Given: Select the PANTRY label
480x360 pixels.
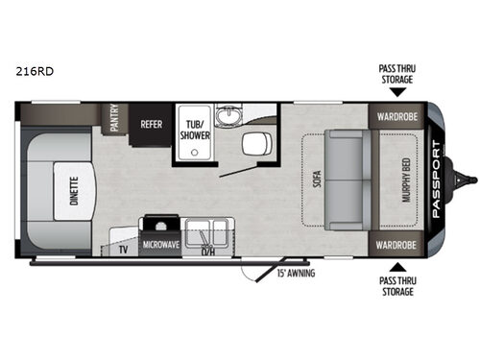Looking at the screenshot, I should (x=114, y=119).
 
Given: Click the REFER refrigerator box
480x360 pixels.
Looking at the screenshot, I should (x=151, y=124).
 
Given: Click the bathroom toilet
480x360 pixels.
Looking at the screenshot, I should (x=253, y=145).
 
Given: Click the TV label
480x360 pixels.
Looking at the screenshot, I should (x=124, y=249).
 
